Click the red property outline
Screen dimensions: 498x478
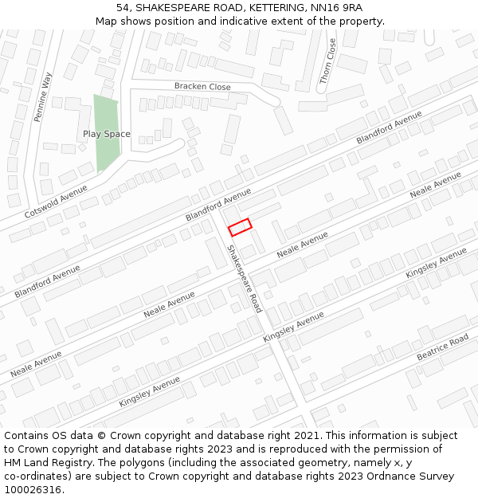240,227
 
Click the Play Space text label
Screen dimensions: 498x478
106,134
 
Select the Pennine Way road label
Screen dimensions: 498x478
42,96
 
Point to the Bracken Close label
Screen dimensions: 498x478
202,87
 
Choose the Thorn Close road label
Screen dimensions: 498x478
328,61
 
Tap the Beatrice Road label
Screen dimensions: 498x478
442,347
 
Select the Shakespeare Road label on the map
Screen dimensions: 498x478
245,278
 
